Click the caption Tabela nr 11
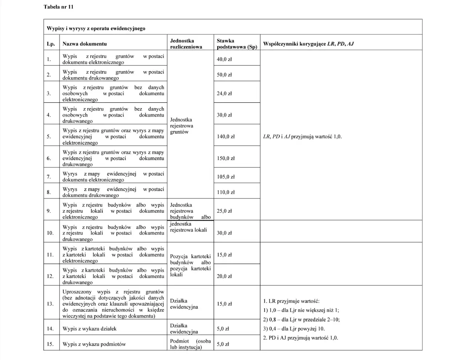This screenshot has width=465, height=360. coord(58,7)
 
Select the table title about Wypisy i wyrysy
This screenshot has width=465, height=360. coord(96,28)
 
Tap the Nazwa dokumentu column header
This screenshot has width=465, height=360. coord(85,44)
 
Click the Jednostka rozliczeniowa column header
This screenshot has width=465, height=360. coord(186,44)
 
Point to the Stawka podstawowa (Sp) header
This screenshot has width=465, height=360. coord(236,44)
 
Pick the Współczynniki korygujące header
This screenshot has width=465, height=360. coord(308,44)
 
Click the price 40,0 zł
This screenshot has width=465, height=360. coord(224,59)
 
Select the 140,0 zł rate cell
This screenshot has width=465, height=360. coord(226,137)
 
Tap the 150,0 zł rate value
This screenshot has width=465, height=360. coord(226,158)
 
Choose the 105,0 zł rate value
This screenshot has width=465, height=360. coord(226,177)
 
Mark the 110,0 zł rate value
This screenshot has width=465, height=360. coord(226,192)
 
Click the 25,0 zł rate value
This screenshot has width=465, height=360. coord(224,211)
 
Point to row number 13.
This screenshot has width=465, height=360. coord(50,304)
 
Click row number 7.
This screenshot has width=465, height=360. coord(49,177)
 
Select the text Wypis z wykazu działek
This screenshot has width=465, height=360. coord(89,329)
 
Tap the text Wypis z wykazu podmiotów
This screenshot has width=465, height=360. coord(94,344)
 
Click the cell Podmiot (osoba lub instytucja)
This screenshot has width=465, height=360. coord(190,344)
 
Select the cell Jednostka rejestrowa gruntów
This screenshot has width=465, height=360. coord(182,126)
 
